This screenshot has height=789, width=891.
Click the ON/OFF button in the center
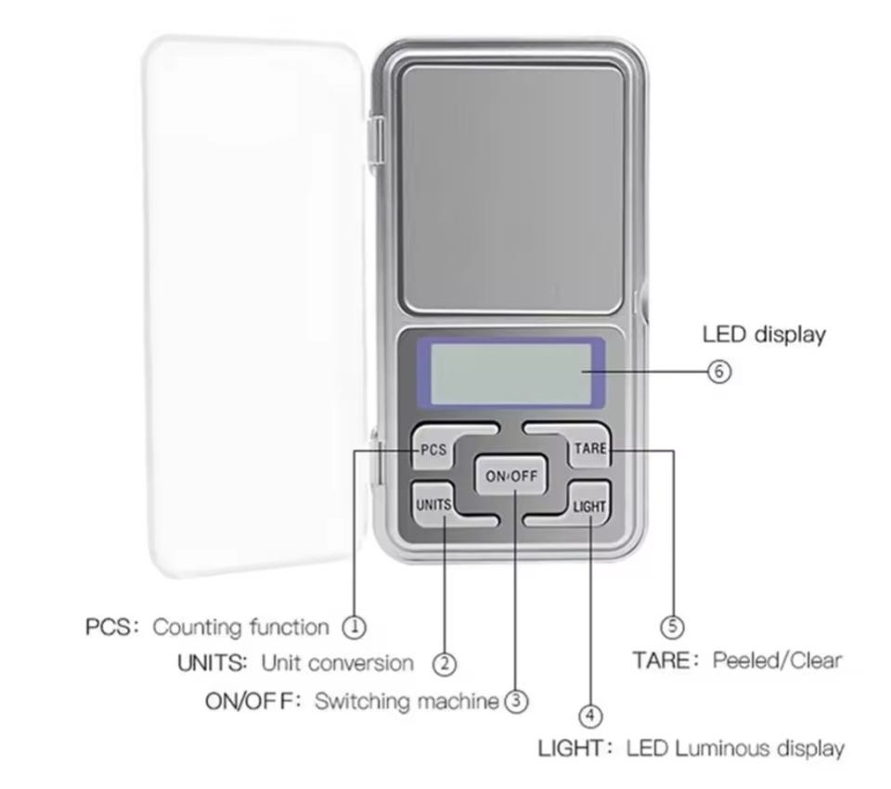tap(510, 475)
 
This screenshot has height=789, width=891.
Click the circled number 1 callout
tap(354, 628)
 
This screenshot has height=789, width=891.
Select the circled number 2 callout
tap(445, 664)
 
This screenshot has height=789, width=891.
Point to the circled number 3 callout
tap(516, 701)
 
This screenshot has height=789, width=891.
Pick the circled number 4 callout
tap(590, 716)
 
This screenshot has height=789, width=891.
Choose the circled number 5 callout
tap(673, 627)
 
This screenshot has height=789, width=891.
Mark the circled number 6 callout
tap(719, 372)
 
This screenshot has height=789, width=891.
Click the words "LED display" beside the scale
tap(764, 335)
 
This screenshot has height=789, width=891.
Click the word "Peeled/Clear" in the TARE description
tap(777, 661)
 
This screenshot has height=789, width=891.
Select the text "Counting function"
tap(241, 628)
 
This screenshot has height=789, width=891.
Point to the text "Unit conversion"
tap(338, 663)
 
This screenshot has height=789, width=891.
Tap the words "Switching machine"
tap(407, 702)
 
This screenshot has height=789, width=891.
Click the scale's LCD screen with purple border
tap(510, 374)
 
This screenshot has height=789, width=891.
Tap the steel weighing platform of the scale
tap(512, 189)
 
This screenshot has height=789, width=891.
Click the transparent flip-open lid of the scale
tap(254, 307)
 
